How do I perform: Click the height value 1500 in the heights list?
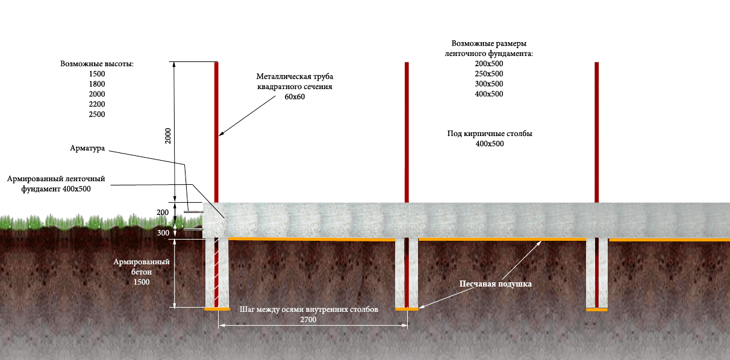(x=96, y=73)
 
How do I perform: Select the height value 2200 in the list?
(x=96, y=104)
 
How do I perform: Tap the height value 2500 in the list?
(x=96, y=114)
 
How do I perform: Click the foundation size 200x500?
(x=488, y=64)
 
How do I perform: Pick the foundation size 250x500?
(x=488, y=74)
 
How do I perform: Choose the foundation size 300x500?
(x=488, y=84)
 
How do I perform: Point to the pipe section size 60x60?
(x=295, y=97)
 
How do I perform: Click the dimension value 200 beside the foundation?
(x=163, y=213)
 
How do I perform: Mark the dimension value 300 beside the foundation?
(x=163, y=233)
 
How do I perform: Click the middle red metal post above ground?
(x=407, y=132)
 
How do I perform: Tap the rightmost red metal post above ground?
(x=596, y=132)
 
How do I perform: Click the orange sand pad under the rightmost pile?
(x=597, y=309)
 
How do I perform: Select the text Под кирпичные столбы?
(x=489, y=134)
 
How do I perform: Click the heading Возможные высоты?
(x=96, y=63)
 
